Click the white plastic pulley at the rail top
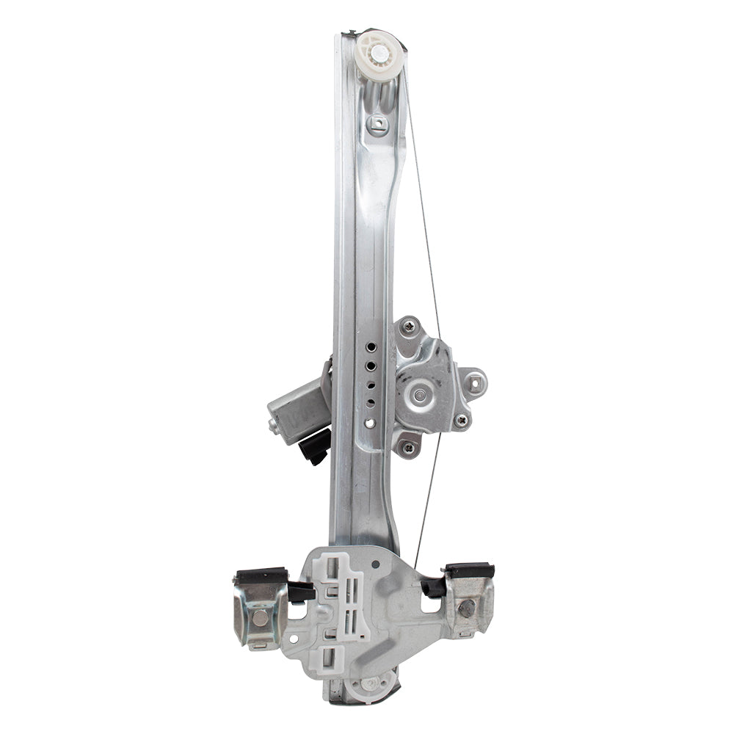[379, 53]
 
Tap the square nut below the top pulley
[377, 123]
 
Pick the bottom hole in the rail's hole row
[369, 423]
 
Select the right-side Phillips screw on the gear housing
[461, 420]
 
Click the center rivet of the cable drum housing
[418, 396]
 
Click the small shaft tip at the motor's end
[274, 425]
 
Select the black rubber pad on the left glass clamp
[261, 575]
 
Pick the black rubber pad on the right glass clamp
[469, 570]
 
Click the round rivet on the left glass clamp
[260, 617]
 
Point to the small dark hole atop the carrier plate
[375, 565]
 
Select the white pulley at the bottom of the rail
[369, 683]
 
